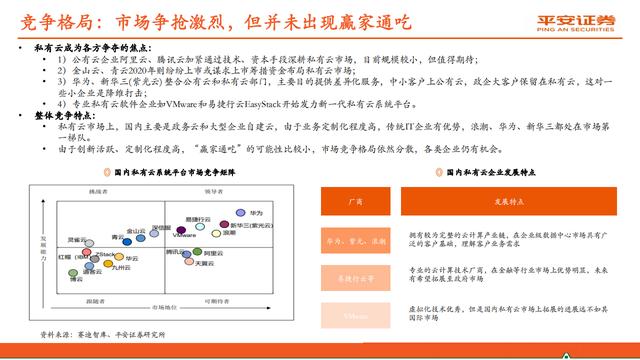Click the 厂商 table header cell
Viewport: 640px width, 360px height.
[x=356, y=202]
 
